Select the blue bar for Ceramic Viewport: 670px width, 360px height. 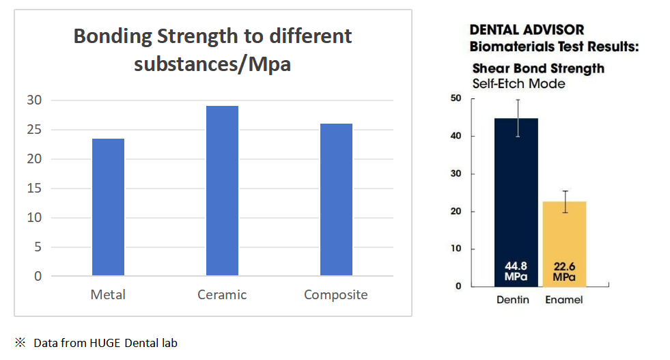[x=222, y=191]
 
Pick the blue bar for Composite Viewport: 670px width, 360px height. [x=335, y=199]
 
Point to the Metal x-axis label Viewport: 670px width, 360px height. [x=108, y=295]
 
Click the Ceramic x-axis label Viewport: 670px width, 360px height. [x=222, y=295]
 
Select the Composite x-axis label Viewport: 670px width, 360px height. [x=335, y=295]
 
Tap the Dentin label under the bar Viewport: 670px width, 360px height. [x=512, y=300]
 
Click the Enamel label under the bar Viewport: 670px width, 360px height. [x=564, y=300]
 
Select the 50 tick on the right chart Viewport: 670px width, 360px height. [x=456, y=98]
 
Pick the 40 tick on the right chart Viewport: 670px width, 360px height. [x=456, y=136]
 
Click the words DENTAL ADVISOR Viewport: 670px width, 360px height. [x=527, y=31]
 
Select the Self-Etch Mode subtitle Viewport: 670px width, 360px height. [x=518, y=83]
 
